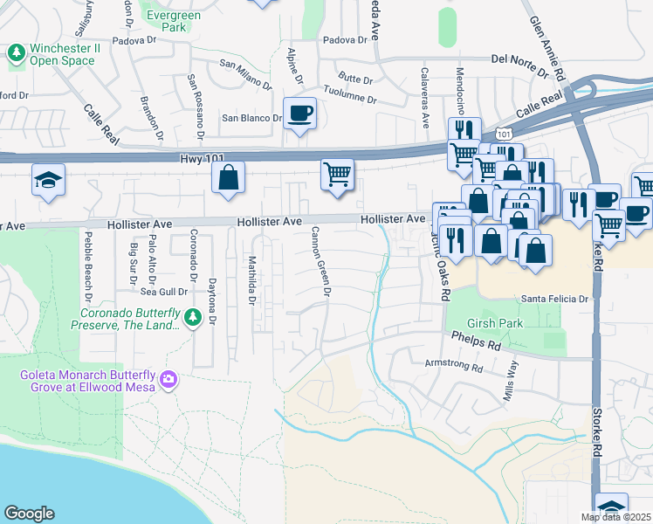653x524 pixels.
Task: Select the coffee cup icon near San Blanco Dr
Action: click(x=299, y=113)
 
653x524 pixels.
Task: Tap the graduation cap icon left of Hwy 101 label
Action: click(x=48, y=180)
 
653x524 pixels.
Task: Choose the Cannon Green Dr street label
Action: click(x=319, y=263)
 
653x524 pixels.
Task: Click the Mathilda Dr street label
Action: click(x=250, y=280)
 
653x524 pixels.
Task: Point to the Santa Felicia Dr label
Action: click(x=556, y=299)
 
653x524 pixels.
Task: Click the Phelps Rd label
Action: click(x=476, y=341)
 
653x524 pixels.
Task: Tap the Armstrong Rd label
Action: click(x=453, y=367)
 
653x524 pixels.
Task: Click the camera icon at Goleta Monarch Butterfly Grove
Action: click(x=168, y=380)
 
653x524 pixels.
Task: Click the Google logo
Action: click(x=29, y=514)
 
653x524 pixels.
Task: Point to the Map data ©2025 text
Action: click(x=616, y=517)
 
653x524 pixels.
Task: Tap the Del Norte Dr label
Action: click(x=523, y=59)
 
